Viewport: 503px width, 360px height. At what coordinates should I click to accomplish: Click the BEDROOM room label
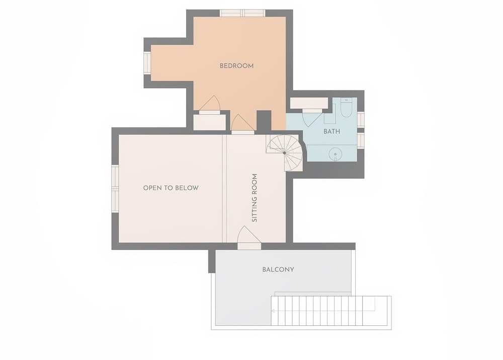[x=236, y=65]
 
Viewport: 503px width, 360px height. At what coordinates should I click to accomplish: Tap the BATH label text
[x=331, y=131]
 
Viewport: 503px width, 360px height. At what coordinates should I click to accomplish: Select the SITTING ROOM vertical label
[x=255, y=198]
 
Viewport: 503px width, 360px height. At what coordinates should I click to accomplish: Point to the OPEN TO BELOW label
[x=171, y=188]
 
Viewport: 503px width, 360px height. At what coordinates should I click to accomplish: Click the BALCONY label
[x=278, y=269]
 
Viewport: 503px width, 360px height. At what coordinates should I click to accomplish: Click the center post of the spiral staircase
[x=284, y=152]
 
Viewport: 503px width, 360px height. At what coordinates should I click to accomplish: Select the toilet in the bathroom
[x=346, y=108]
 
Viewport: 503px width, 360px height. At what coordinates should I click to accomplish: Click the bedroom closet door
[x=210, y=105]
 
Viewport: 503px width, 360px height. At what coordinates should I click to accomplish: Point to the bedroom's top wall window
[x=243, y=13]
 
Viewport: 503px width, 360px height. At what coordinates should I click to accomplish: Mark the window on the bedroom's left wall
[x=147, y=63]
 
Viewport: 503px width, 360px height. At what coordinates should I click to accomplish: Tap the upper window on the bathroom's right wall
[x=361, y=119]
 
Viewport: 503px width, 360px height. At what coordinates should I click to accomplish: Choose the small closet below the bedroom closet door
[x=209, y=122]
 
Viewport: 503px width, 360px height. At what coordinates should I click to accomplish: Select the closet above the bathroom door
[x=309, y=103]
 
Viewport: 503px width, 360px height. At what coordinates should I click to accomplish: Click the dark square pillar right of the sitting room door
[x=264, y=121]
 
